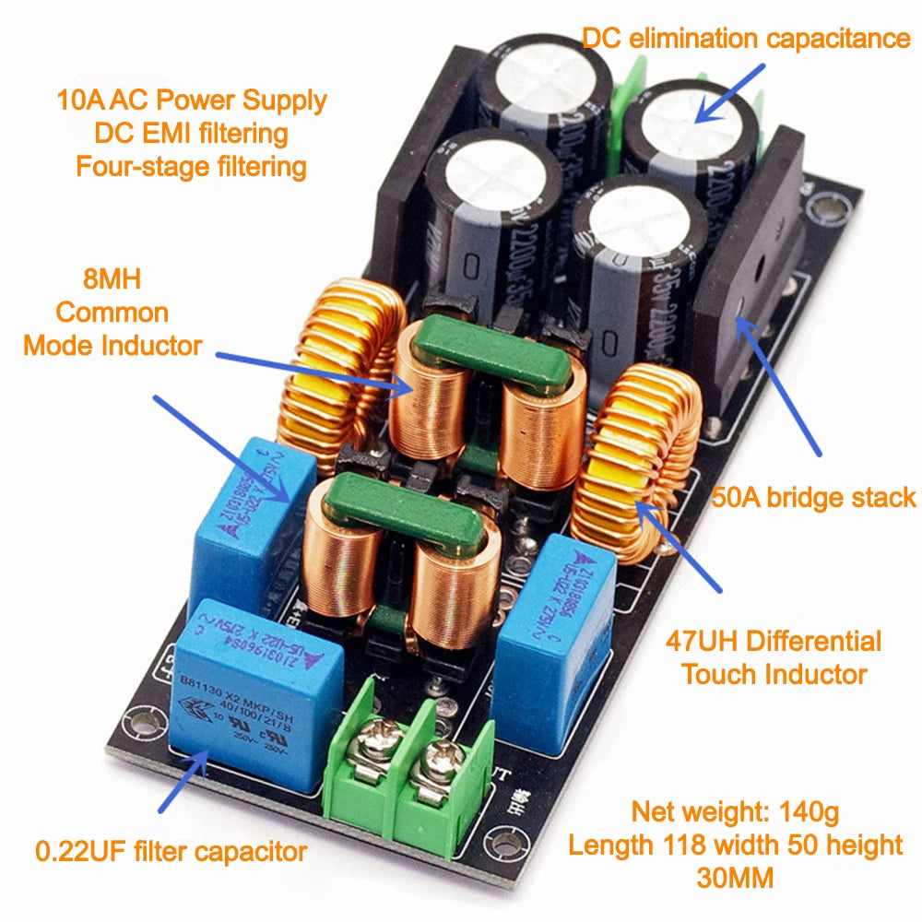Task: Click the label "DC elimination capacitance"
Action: coord(746,38)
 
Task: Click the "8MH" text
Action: coord(112,278)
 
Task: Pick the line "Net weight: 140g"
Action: coord(735,812)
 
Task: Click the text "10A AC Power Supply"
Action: coord(191,100)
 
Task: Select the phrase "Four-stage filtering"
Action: coord(191,167)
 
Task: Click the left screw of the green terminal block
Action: coord(382,737)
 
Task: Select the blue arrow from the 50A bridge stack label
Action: coord(779,387)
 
